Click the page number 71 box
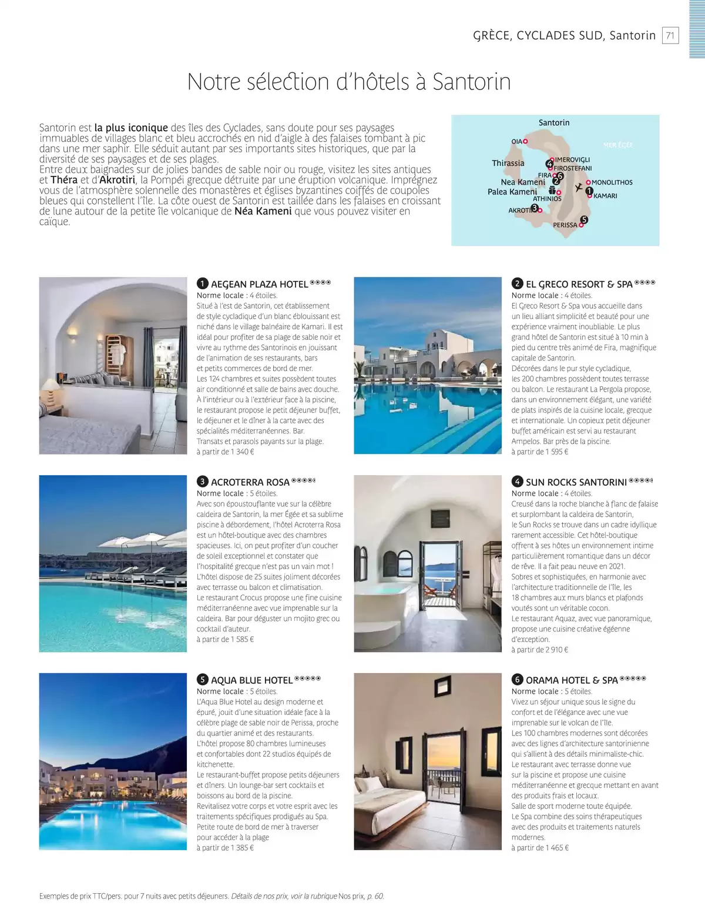coord(670,35)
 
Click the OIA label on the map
coord(516,142)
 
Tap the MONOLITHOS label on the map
coord(612,183)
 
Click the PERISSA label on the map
coord(565,225)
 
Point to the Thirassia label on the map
coord(508,163)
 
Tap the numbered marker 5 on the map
coord(583,220)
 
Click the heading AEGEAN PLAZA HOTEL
coord(259,285)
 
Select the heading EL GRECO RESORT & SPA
coord(579,285)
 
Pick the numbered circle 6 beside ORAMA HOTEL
coord(517,680)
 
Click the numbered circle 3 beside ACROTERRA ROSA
coord(202,482)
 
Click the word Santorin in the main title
coord(471,82)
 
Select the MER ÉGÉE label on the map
coord(617,145)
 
